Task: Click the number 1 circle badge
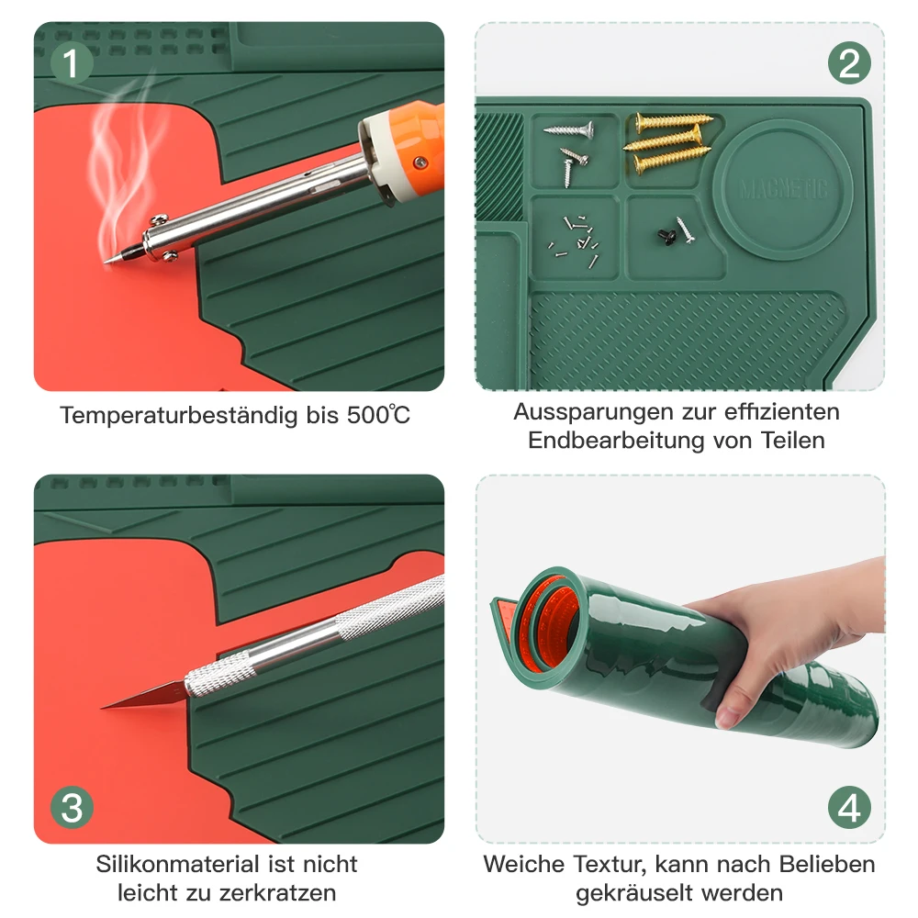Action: tap(72, 62)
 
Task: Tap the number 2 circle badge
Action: tap(849, 62)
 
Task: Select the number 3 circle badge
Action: tap(72, 807)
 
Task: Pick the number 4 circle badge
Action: tap(849, 807)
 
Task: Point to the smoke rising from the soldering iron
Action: tap(123, 164)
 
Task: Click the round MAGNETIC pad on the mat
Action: tap(783, 189)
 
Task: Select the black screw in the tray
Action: tap(666, 237)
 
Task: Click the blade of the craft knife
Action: tap(143, 697)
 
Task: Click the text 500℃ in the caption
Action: tap(378, 415)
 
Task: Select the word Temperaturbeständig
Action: tap(179, 416)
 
